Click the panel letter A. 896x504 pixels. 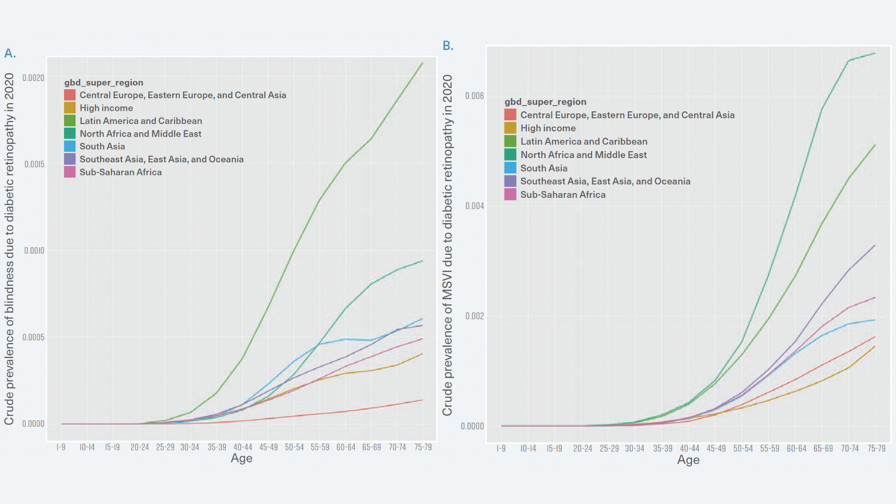[10, 54]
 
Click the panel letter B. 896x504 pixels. [448, 46]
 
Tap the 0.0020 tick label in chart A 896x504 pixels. [34, 78]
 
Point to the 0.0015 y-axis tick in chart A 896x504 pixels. [34, 164]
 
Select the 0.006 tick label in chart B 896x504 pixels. [474, 96]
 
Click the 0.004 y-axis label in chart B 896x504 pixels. [474, 206]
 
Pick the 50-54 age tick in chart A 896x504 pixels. [294, 447]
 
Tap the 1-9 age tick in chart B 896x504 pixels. [501, 448]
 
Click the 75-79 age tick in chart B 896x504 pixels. [876, 448]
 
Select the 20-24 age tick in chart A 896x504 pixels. [140, 447]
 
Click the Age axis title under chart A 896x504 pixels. [241, 458]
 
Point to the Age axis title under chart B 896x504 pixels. [688, 460]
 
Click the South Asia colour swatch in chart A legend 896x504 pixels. [70, 147]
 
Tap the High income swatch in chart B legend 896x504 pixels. [510, 128]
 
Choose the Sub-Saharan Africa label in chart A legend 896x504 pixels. [120, 172]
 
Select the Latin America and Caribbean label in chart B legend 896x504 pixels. [584, 141]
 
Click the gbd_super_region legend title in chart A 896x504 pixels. [104, 83]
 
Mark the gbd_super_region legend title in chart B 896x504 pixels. [545, 102]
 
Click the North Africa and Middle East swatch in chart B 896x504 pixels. [510, 154]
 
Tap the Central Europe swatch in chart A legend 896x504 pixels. [70, 95]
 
